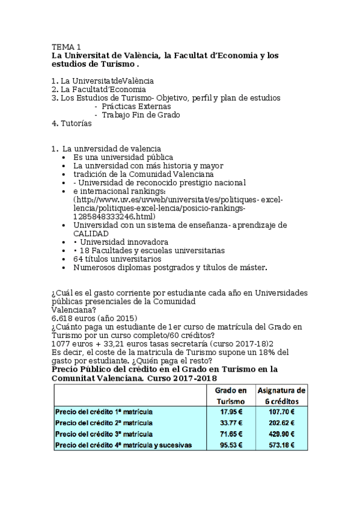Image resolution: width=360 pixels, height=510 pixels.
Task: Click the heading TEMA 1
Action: pyautogui.click(x=66, y=46)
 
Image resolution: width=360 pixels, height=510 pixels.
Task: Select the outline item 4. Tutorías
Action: pyautogui.click(x=72, y=123)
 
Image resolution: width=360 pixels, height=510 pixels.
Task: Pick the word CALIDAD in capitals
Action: pyautogui.click(x=91, y=233)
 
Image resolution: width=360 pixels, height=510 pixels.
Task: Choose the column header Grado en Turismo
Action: pyautogui.click(x=231, y=395)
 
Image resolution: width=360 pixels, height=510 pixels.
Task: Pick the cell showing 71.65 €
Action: pyautogui.click(x=231, y=434)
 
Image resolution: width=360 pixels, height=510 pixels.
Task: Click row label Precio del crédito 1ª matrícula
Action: pyautogui.click(x=103, y=412)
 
